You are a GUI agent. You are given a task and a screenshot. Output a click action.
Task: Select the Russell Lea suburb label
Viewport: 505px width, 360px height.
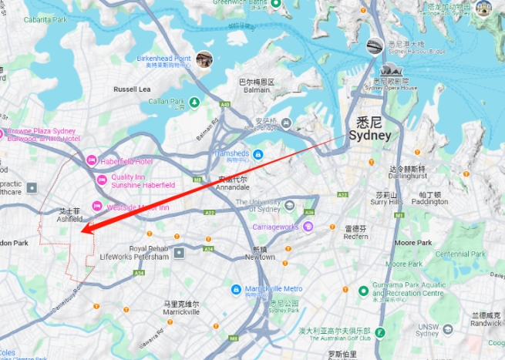tap(132, 89)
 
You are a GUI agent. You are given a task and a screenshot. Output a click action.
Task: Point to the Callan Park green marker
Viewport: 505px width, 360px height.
tap(195, 102)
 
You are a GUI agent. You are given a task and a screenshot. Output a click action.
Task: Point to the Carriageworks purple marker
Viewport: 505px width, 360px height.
tap(308, 227)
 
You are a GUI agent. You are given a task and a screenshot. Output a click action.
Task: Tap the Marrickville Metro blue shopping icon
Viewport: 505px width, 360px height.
tap(237, 289)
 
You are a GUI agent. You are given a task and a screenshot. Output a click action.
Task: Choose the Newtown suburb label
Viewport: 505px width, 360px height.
tap(259, 254)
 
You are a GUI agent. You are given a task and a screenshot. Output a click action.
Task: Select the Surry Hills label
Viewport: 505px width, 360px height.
tap(385, 198)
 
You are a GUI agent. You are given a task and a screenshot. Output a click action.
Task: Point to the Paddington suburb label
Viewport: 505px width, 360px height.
tap(429, 199)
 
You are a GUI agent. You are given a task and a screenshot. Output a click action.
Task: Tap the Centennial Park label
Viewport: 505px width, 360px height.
tap(460, 254)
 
